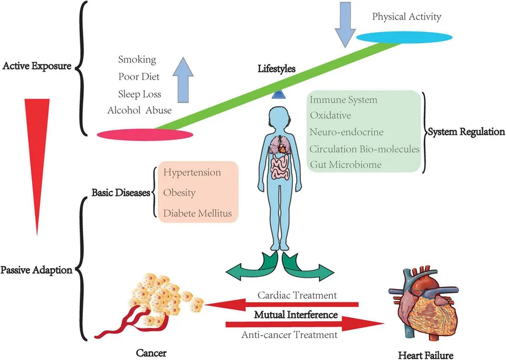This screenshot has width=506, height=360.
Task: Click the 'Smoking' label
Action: (x=137, y=60)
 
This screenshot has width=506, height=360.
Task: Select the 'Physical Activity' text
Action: (x=407, y=17)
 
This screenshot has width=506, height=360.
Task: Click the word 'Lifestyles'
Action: (x=276, y=69)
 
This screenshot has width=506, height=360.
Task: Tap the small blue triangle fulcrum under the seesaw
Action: (x=278, y=94)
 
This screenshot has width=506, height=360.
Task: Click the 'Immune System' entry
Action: (x=343, y=100)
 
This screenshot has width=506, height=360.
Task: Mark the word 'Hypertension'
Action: (x=192, y=173)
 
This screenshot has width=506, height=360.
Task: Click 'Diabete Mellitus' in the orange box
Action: (x=198, y=212)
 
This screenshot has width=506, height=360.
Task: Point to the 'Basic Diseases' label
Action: (x=120, y=193)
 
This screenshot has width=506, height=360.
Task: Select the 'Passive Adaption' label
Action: (x=36, y=270)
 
